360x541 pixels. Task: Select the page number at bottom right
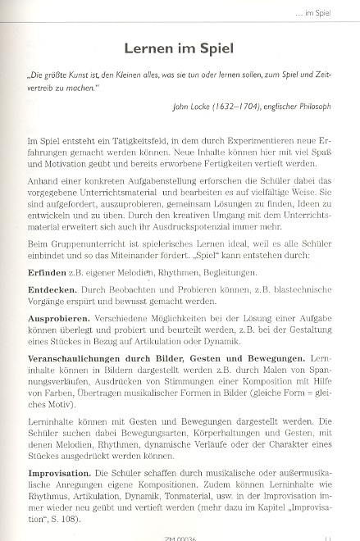[x=327, y=535]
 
